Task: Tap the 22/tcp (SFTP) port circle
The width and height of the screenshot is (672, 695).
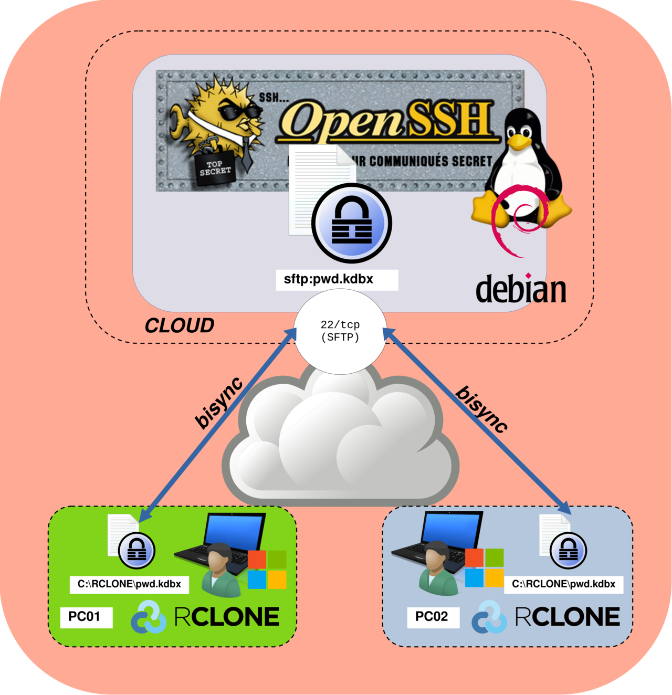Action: [340, 331]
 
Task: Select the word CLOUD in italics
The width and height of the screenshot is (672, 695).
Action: [179, 326]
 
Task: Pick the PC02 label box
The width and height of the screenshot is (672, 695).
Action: [433, 617]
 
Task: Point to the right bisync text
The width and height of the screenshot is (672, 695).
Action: [481, 409]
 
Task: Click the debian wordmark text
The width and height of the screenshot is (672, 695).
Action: [521, 289]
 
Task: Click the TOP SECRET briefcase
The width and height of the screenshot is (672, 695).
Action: [215, 169]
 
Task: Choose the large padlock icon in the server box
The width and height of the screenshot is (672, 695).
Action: [351, 223]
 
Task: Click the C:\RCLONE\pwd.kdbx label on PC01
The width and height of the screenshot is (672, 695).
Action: [129, 584]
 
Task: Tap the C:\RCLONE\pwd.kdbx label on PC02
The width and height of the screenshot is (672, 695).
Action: [563, 584]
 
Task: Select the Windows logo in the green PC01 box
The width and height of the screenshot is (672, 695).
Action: [267, 570]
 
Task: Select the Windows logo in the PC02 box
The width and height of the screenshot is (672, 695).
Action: [484, 568]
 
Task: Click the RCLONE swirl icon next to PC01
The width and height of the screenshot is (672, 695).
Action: [149, 617]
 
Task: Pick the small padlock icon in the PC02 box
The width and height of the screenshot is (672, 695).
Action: [568, 551]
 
